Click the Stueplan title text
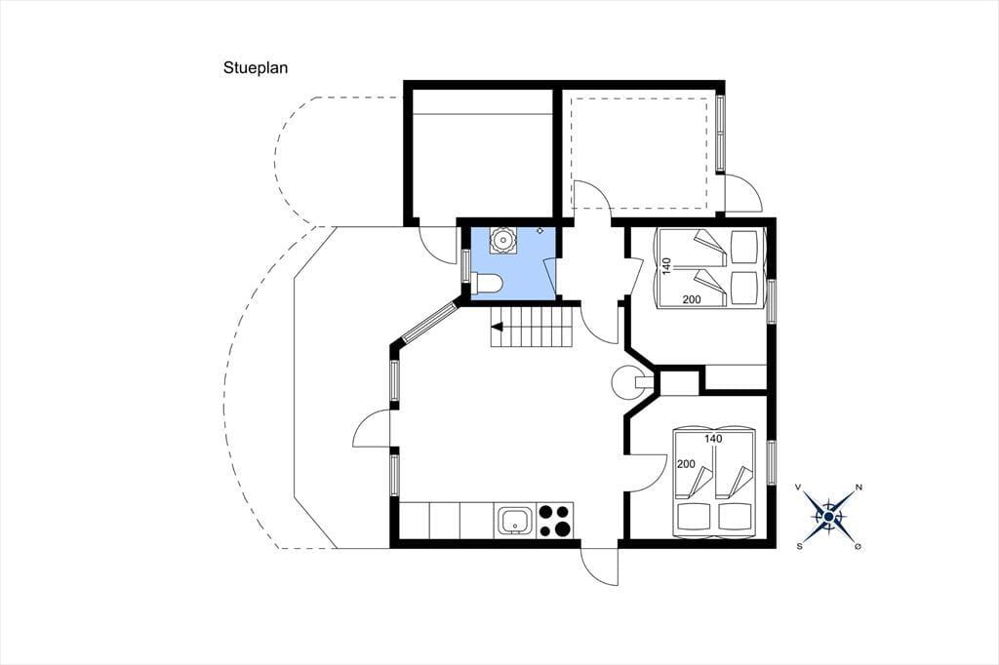click(256, 68)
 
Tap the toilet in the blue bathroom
click(488, 283)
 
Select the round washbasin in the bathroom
click(502, 240)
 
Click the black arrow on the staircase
click(497, 328)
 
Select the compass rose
click(828, 516)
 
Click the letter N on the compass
click(859, 488)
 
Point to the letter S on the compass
click(799, 546)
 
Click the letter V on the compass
click(798, 488)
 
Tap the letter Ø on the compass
click(859, 546)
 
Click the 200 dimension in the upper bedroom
click(692, 299)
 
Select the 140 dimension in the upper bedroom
click(666, 265)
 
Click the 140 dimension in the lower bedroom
click(713, 438)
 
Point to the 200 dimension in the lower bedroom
click(686, 464)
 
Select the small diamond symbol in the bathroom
click(540, 230)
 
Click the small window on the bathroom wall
click(465, 264)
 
